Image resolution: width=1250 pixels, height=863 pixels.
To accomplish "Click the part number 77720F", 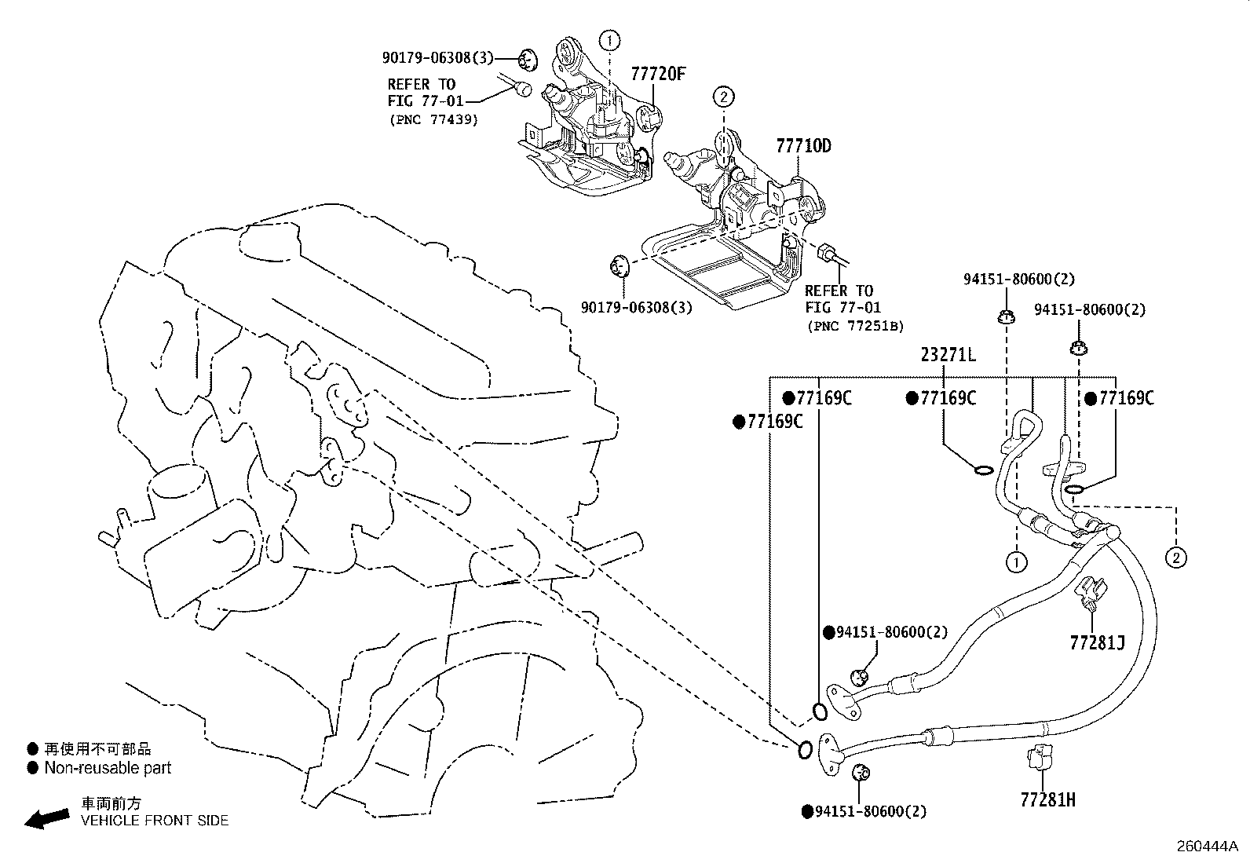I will click(x=658, y=74).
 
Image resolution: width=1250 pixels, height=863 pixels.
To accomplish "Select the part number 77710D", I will click(x=803, y=146).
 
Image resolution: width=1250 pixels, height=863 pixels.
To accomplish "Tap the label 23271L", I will click(x=948, y=355).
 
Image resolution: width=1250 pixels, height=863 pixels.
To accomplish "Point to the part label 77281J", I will click(x=1097, y=643).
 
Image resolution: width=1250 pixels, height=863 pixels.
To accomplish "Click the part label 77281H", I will click(x=1047, y=799).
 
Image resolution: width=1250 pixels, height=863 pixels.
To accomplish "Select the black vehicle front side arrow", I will click(x=46, y=819).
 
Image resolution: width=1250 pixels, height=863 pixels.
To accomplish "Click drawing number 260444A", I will click(x=1206, y=847).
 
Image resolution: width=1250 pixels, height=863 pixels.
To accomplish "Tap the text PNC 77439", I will click(x=433, y=120).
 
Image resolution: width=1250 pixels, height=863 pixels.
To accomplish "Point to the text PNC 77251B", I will click(x=854, y=326).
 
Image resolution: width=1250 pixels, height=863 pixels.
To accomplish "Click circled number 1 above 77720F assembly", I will click(x=611, y=38).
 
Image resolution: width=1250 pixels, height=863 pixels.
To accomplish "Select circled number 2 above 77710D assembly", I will click(x=723, y=97).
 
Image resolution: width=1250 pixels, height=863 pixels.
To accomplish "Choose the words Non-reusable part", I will click(x=108, y=768).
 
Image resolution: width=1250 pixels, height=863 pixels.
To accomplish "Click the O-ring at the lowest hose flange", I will click(x=805, y=750).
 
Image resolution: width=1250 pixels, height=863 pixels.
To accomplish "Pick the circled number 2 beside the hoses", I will click(x=1175, y=558).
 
